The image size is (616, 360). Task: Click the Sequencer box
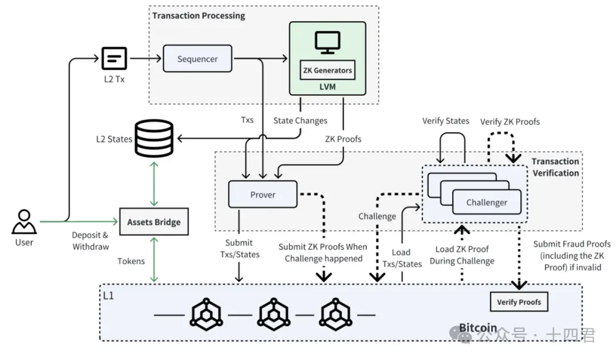[x=198, y=59]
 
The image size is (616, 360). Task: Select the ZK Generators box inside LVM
[x=327, y=71]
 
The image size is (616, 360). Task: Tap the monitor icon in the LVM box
[x=327, y=43]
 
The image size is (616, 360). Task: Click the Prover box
[x=263, y=195]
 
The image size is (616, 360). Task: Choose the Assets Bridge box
[x=154, y=222]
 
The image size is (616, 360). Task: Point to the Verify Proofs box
[x=518, y=302]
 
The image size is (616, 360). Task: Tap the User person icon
[x=24, y=222]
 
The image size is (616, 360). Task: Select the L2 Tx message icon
[x=115, y=58]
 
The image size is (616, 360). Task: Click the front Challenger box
[x=487, y=202]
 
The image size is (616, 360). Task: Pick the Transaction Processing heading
[x=198, y=15]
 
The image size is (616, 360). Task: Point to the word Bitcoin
[x=478, y=329]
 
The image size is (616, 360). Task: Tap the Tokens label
[x=131, y=261]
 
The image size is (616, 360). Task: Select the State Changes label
[x=300, y=120]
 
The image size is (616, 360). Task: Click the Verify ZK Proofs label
[x=510, y=122]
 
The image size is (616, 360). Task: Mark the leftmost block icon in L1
[x=204, y=314]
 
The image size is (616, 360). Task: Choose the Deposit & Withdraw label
[x=90, y=241]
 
